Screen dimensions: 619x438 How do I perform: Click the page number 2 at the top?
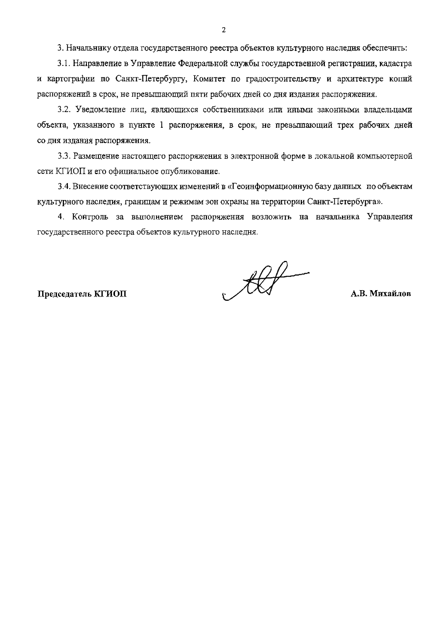224,30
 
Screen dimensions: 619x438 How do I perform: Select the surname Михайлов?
390,294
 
